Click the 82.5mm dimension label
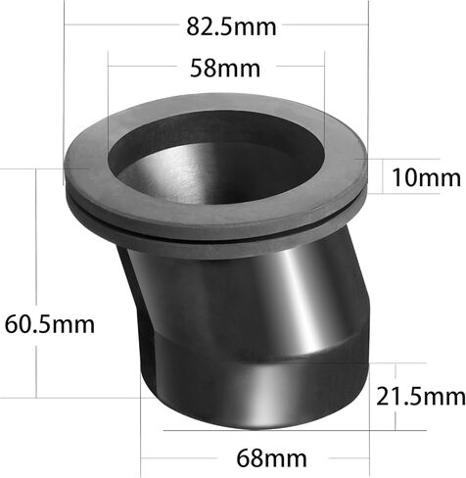point(231,26)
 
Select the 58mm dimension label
point(225,68)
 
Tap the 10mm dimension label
point(426,177)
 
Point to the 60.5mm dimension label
point(50,323)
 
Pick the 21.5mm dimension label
point(421,397)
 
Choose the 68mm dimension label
point(271,458)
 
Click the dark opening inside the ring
point(215,157)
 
